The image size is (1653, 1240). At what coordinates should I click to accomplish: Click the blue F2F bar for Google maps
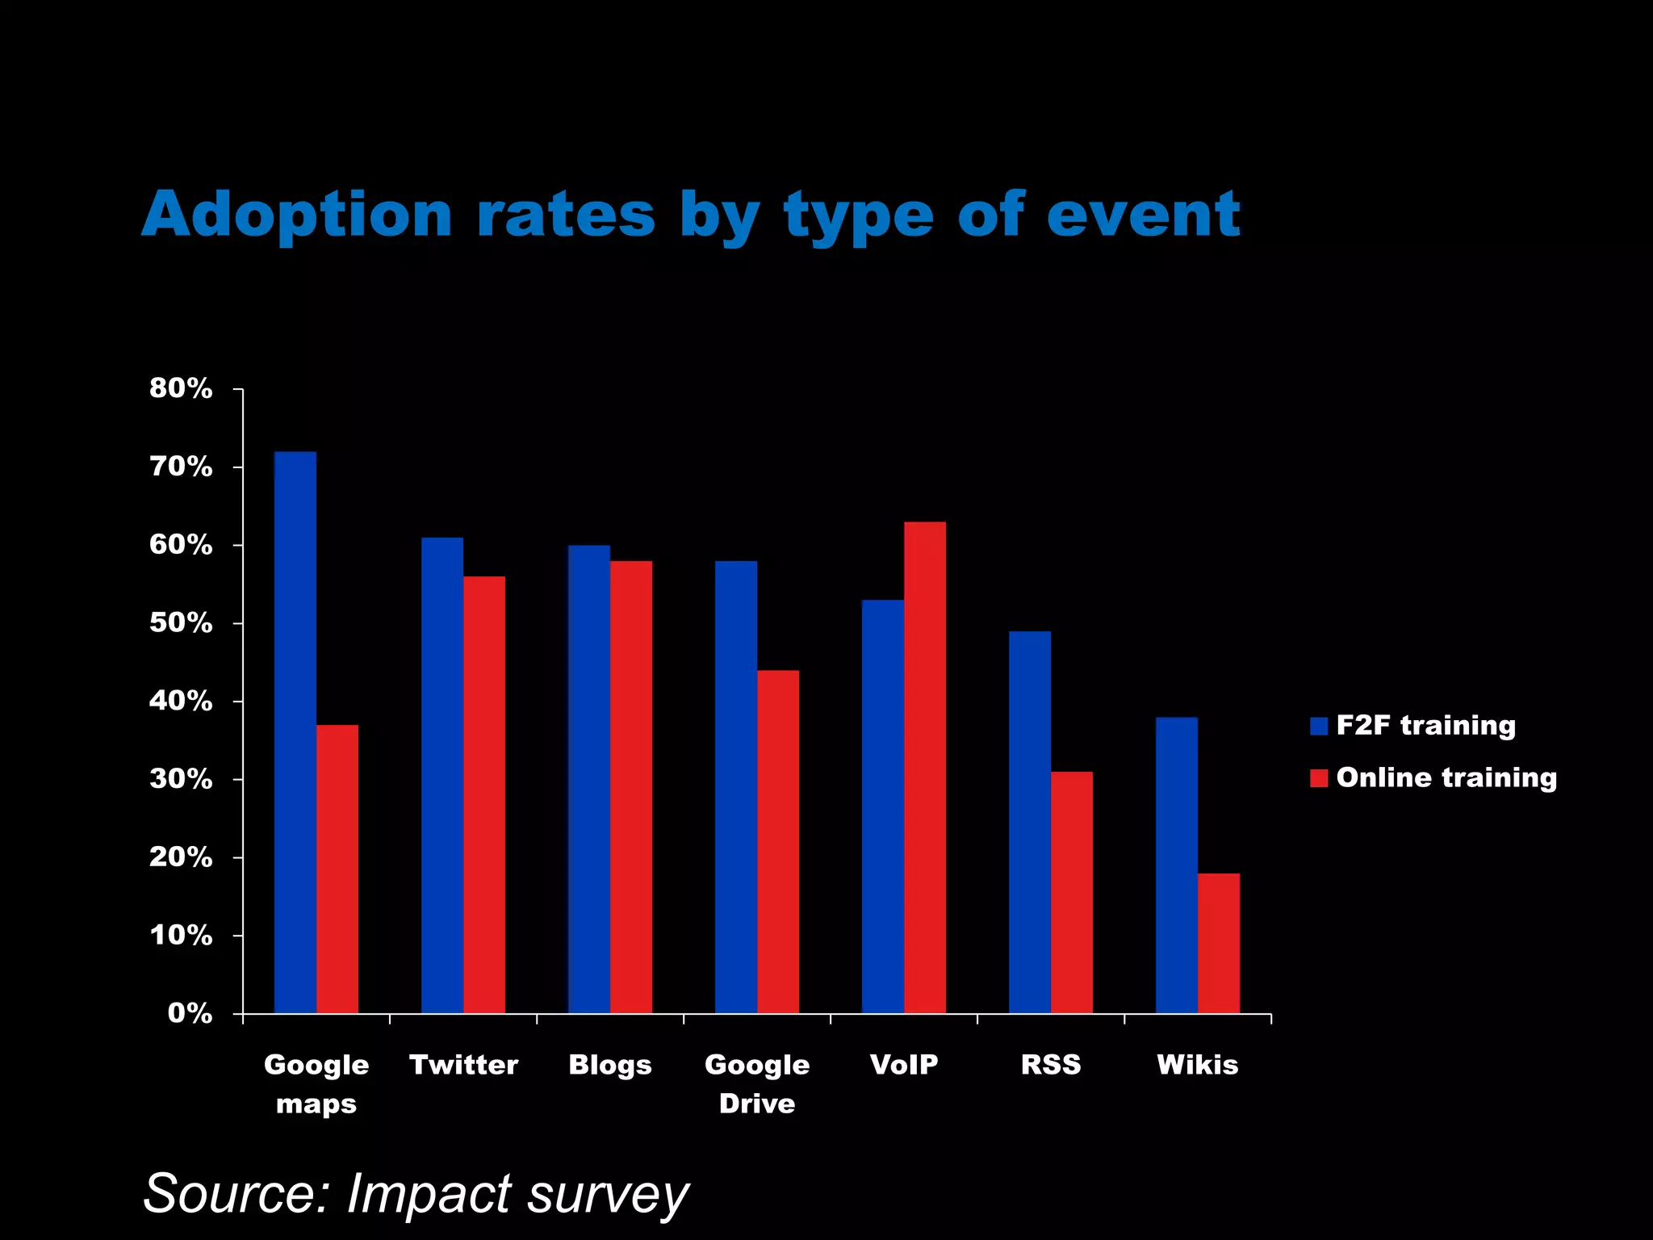(295, 732)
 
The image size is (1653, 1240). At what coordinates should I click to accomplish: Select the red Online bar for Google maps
(337, 869)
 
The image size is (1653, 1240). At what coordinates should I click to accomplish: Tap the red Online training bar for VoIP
(925, 767)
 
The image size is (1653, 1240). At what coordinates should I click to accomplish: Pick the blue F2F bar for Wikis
(1177, 865)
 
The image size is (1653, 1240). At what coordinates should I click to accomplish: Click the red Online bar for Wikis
(1219, 943)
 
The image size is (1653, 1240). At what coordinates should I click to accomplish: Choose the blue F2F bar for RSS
(1030, 822)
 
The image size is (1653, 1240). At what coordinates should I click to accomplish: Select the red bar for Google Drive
(778, 841)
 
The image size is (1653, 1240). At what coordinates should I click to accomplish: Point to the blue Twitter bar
(442, 775)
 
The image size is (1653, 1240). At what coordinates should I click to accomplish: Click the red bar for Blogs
(631, 787)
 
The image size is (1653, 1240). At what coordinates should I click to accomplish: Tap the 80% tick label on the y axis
(181, 388)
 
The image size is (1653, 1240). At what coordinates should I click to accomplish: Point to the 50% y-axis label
(181, 623)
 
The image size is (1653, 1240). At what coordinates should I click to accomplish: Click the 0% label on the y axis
(190, 1013)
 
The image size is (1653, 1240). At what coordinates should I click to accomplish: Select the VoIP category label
(904, 1064)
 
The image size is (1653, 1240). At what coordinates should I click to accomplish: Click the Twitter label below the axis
(463, 1064)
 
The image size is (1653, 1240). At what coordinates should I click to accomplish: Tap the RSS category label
(1051, 1064)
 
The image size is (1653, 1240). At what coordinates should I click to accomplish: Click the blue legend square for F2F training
(1319, 726)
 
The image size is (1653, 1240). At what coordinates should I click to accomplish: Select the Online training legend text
(1446, 777)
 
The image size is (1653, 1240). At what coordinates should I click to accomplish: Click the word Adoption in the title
(297, 215)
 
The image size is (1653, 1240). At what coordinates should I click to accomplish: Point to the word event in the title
(1143, 215)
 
